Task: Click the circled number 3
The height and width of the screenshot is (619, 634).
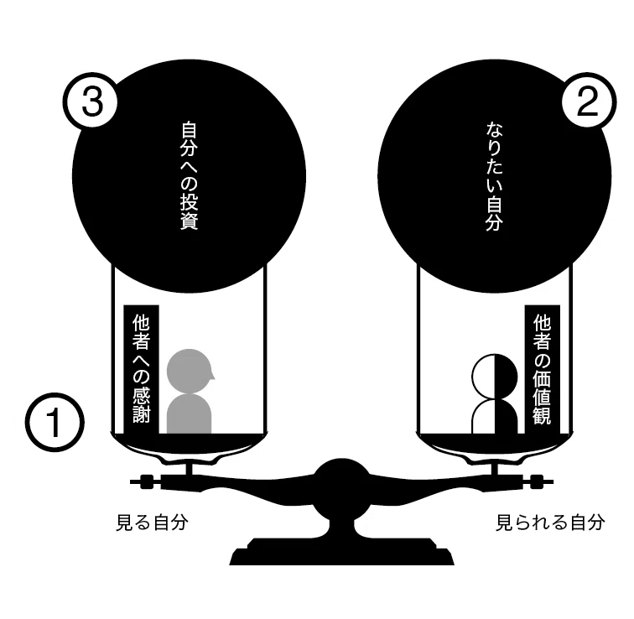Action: click(91, 101)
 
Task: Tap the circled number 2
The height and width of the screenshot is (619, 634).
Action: click(588, 101)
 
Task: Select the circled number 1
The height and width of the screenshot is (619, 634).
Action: click(55, 422)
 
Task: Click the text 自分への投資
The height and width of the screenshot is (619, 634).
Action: click(190, 176)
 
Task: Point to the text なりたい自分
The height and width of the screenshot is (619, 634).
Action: click(494, 176)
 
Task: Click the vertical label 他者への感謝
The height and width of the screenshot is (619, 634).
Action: click(141, 369)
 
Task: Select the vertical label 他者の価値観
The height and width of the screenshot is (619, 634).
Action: click(543, 370)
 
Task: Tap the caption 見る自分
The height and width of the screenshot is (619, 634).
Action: click(153, 523)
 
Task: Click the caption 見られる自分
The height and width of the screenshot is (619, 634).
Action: click(550, 523)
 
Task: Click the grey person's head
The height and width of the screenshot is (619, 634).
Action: click(190, 372)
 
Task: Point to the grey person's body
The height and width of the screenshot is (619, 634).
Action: click(190, 414)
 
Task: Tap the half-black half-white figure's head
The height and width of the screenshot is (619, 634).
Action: click(495, 377)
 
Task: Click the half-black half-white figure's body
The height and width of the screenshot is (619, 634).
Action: click(495, 417)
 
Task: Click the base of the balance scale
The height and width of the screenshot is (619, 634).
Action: click(341, 551)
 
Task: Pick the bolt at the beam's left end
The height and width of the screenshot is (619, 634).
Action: click(147, 481)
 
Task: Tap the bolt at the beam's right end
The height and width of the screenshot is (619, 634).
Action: click(538, 481)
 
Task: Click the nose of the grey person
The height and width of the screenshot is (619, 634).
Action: click(213, 377)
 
